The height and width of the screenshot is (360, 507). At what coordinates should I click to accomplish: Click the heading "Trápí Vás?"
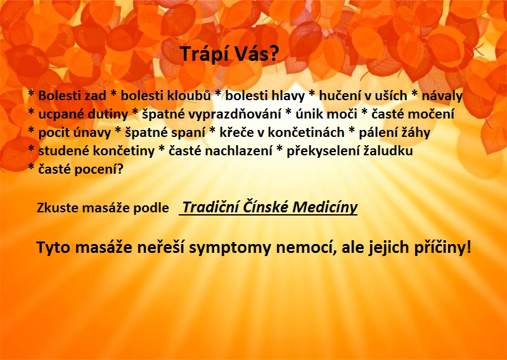pyautogui.click(x=229, y=54)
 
